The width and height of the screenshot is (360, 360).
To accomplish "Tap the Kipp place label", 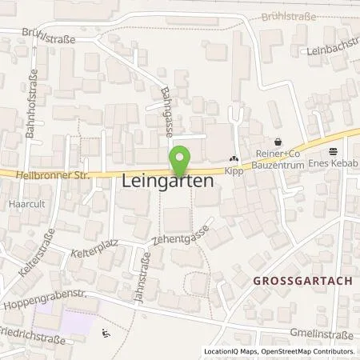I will coord(234,171).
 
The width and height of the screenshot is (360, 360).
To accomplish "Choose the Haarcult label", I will coord(18,204).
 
